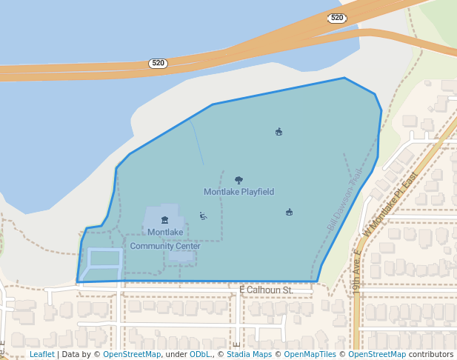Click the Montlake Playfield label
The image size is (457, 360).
click(x=239, y=192)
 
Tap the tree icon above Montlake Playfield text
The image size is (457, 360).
click(x=238, y=180)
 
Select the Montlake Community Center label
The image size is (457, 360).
click(x=164, y=239)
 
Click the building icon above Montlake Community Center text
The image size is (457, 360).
click(x=164, y=220)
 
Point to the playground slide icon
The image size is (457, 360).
click(x=203, y=216)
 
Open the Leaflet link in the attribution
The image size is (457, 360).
click(x=42, y=355)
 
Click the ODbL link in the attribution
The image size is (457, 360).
click(x=201, y=355)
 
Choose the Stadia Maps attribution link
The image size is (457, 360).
click(x=249, y=355)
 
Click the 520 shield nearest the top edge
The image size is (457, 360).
click(x=337, y=18)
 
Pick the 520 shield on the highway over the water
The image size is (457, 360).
click(x=157, y=64)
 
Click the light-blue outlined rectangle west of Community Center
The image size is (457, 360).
click(x=104, y=265)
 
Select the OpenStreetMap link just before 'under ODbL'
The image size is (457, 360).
click(x=132, y=355)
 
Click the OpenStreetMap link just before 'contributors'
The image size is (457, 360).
click(x=377, y=355)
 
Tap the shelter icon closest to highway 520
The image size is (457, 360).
click(x=278, y=132)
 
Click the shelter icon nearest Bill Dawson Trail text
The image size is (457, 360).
click(x=289, y=213)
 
